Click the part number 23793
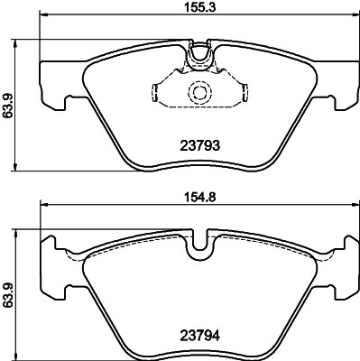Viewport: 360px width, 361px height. [x=197, y=143]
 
